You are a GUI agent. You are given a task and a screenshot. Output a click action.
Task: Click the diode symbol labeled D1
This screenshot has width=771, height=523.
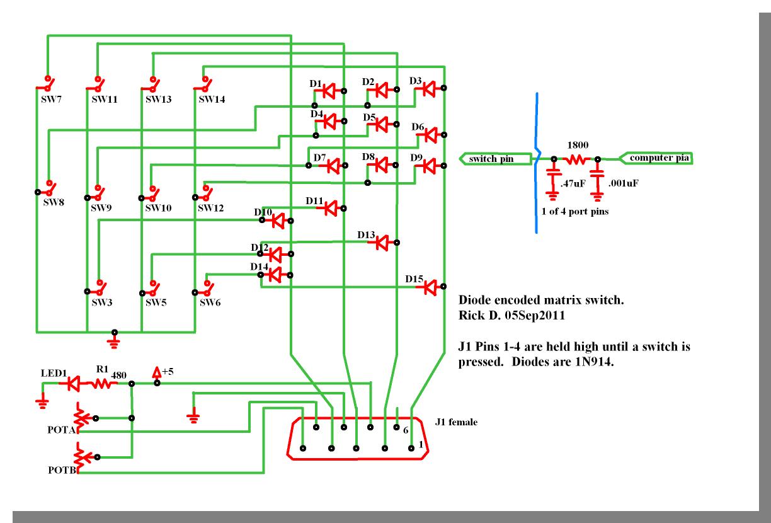pyautogui.click(x=328, y=91)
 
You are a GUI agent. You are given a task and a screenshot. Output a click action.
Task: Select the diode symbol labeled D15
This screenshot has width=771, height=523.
pyautogui.click(x=430, y=287)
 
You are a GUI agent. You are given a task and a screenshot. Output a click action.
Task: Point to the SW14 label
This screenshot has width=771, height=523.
pyautogui.click(x=212, y=100)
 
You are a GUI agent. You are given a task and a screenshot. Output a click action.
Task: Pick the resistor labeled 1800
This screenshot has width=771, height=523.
pyautogui.click(x=575, y=160)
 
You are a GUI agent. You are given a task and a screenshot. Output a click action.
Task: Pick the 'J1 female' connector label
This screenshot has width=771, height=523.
pyautogui.click(x=455, y=422)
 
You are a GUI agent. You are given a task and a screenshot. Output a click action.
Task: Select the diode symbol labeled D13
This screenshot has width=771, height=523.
pyautogui.click(x=382, y=241)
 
